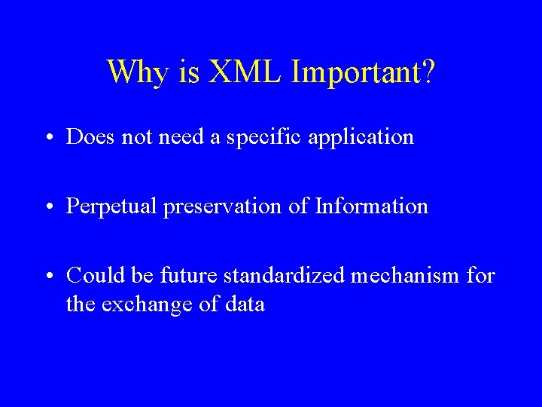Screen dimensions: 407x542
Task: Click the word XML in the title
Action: coord(245,72)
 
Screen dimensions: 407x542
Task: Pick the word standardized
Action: coord(293,276)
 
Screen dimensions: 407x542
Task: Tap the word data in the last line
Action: coord(243,305)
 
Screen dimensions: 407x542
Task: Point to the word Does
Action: coord(87,137)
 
